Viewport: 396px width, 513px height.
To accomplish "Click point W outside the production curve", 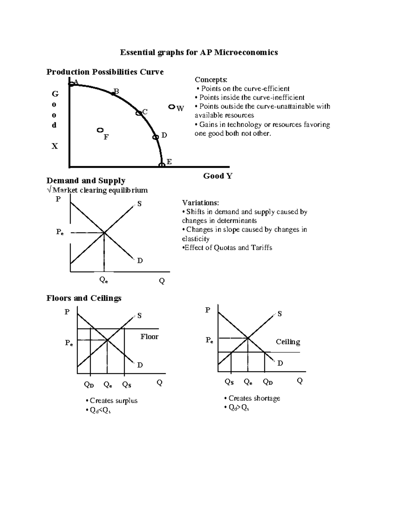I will pos(172,107).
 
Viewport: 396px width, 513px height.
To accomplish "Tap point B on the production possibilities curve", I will pos(113,94).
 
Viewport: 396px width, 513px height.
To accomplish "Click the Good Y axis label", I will pos(218,176).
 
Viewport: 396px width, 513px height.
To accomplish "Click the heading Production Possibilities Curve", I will pos(105,72).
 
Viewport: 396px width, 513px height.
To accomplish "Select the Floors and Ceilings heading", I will pos(84,298).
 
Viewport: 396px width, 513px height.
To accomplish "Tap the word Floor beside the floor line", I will pos(149,337).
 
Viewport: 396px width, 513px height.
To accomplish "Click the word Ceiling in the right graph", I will pos(288,342).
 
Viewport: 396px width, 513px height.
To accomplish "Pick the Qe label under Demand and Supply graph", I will pos(104,280).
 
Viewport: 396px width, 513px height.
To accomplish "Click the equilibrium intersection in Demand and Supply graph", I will pos(104,233).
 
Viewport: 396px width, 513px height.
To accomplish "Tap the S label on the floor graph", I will pos(139,316).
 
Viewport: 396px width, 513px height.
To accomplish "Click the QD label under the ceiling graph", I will pos(268,382).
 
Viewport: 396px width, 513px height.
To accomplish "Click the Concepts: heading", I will pos(211,80).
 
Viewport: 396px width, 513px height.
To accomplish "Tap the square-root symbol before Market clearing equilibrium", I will pos(49,190).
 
